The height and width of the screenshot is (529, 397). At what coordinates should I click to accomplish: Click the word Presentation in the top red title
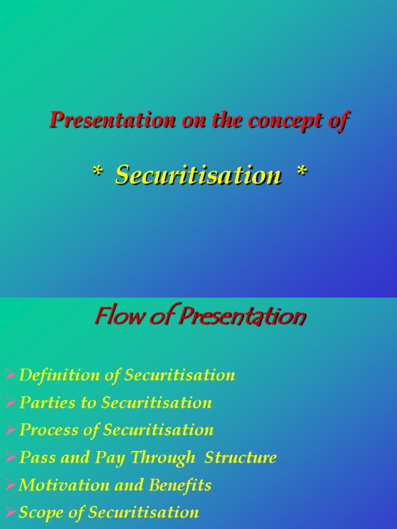[113, 120]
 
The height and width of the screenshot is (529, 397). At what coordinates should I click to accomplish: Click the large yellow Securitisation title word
[198, 175]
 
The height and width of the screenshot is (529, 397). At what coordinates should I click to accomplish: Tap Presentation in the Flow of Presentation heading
[241, 317]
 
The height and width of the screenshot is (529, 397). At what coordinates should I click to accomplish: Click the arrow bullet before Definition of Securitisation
[10, 375]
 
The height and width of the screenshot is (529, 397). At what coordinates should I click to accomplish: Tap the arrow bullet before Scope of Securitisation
[10, 512]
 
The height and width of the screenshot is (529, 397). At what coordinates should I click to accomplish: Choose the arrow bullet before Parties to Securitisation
[10, 402]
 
